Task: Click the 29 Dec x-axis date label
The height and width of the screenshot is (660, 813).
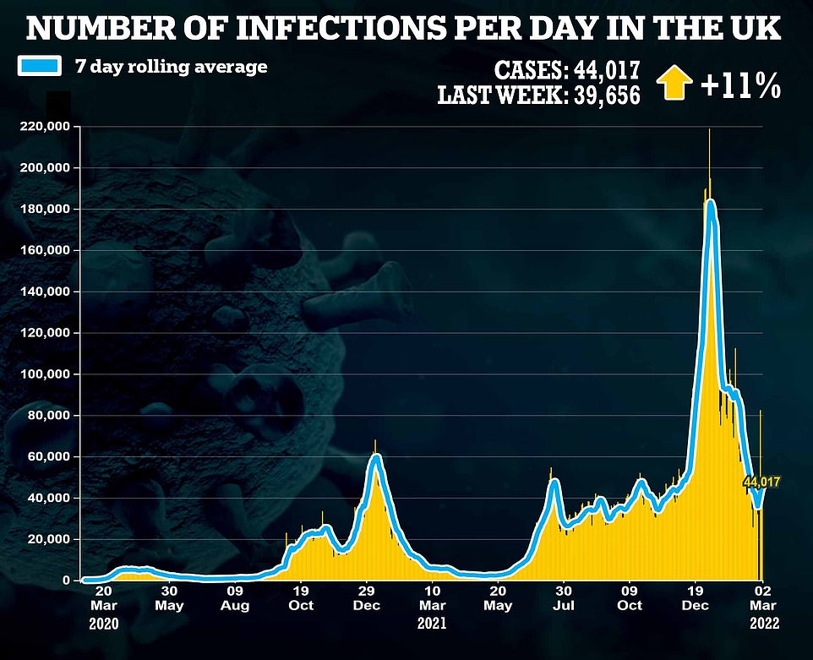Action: pyautogui.click(x=368, y=598)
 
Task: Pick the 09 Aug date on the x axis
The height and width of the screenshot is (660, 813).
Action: pyautogui.click(x=235, y=598)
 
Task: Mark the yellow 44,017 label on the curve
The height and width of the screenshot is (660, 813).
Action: pyautogui.click(x=761, y=482)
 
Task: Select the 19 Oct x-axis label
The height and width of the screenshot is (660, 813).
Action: pyautogui.click(x=301, y=598)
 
